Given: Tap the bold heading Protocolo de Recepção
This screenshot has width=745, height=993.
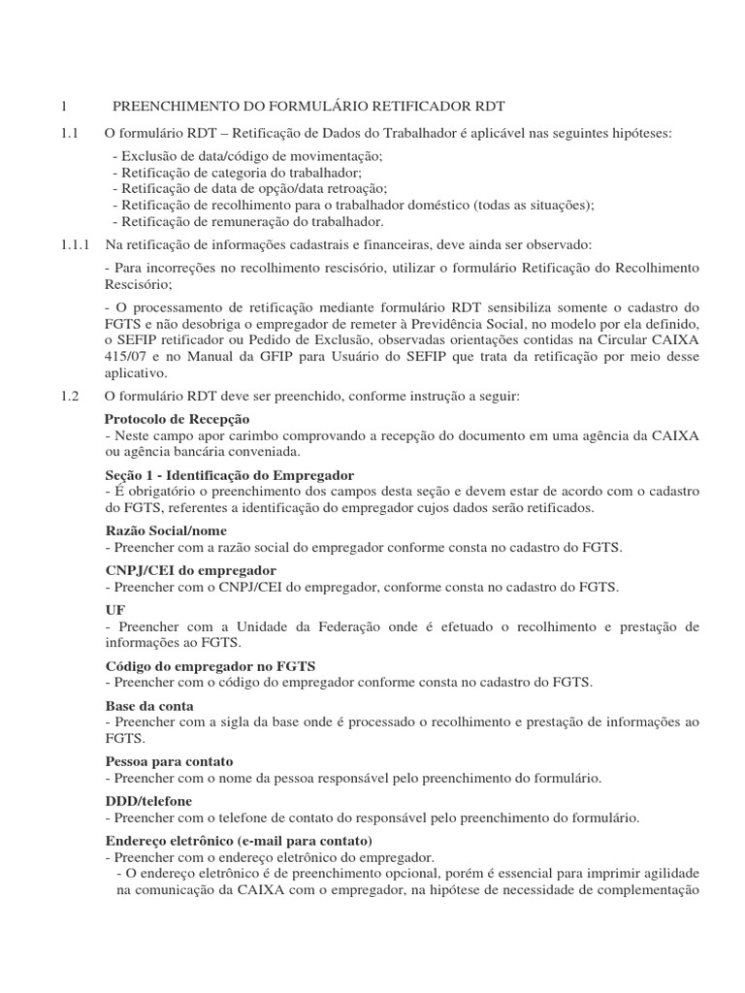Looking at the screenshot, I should point(177,418).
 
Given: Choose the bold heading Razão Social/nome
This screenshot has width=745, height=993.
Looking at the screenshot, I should point(165,530).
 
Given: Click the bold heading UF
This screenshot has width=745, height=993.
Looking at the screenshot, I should point(113,610).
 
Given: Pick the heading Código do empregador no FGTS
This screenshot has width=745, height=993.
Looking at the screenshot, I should point(209,666).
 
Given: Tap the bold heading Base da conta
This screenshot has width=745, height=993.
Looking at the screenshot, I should point(148,705).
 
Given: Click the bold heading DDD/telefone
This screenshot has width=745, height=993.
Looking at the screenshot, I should point(147,801).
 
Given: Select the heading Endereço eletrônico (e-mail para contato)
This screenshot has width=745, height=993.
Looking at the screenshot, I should point(238,840).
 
